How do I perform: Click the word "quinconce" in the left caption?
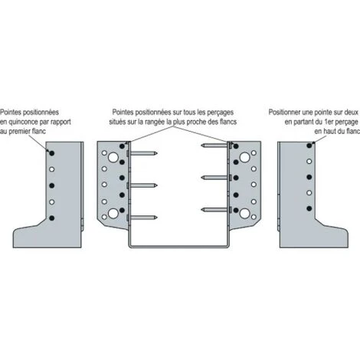point(23,123)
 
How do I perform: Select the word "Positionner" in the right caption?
point(284,113)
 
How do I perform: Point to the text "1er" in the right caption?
point(329,122)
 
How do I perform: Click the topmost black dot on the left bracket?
point(52,153)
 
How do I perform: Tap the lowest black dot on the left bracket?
point(52,218)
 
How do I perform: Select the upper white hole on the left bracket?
point(52,169)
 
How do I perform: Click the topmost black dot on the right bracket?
point(309,146)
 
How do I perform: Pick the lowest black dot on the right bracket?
point(309,208)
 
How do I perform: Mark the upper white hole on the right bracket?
point(309,162)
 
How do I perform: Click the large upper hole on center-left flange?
point(113,157)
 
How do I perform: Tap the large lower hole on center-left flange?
point(113,214)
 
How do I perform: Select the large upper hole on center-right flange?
point(244,157)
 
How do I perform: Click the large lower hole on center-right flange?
point(244,214)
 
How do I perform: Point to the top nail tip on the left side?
point(157,153)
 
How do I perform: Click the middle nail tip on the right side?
point(201,178)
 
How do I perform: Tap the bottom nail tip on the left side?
point(157,218)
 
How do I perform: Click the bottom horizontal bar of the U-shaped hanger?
point(179,247)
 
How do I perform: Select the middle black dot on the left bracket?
point(52,185)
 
